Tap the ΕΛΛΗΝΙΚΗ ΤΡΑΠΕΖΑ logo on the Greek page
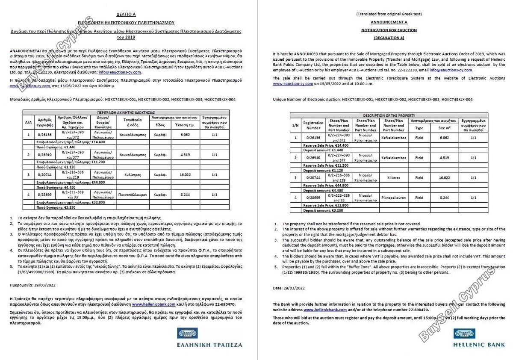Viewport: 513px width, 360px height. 209,338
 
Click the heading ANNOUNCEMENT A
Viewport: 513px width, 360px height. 389,22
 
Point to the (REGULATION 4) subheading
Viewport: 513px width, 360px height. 389,38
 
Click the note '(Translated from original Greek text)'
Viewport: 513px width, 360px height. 389,14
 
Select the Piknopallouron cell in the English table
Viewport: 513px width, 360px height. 394,198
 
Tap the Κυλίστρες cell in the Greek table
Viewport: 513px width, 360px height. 133,175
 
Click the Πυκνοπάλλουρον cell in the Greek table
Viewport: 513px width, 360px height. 133,194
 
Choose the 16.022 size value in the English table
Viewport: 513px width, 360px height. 445,178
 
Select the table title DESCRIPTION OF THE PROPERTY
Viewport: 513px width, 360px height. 389,115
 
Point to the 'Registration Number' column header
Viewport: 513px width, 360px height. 313,125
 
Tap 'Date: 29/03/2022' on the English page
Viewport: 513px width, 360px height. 289,288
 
